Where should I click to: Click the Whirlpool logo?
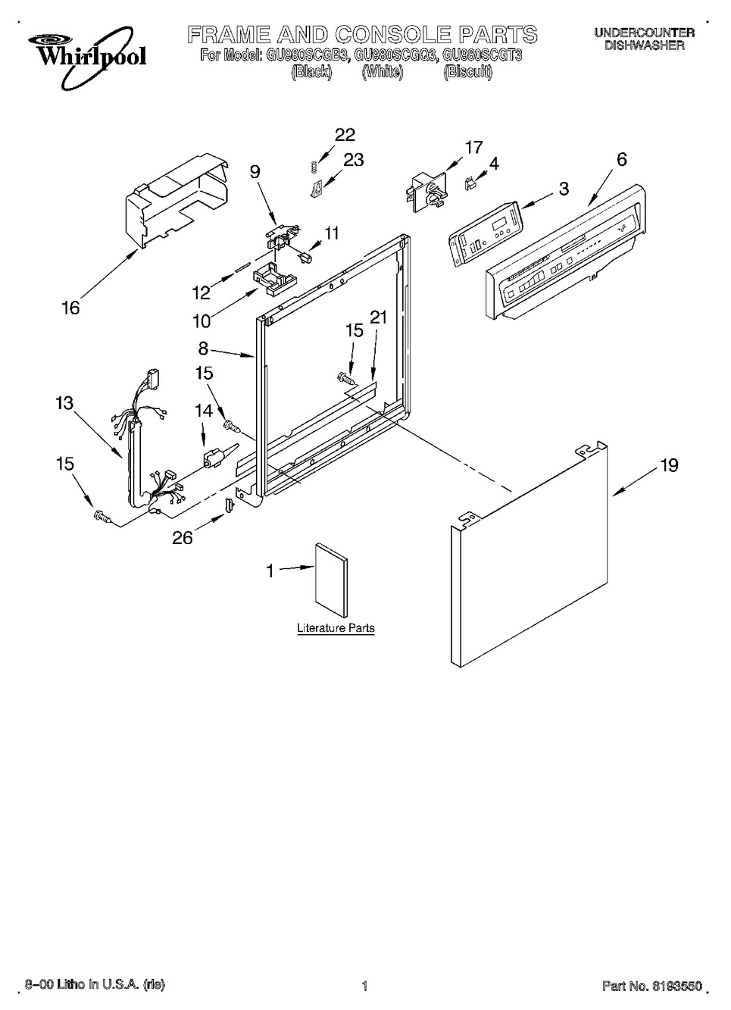click(x=87, y=56)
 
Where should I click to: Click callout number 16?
click(x=71, y=308)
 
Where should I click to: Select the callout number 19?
click(x=669, y=465)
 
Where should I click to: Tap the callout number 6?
click(x=621, y=159)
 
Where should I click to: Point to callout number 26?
click(x=183, y=537)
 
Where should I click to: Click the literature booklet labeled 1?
click(x=332, y=580)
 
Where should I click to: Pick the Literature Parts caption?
click(x=336, y=627)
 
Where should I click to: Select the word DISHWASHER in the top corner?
click(x=645, y=45)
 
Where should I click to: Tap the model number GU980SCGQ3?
click(x=395, y=56)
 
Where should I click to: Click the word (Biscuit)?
click(x=467, y=72)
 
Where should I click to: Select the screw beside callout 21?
click(x=346, y=378)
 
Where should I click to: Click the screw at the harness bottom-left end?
click(x=102, y=516)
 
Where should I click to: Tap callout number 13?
click(x=64, y=403)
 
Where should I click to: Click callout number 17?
click(x=473, y=147)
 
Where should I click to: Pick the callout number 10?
click(x=201, y=321)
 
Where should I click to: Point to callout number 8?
click(x=203, y=349)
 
